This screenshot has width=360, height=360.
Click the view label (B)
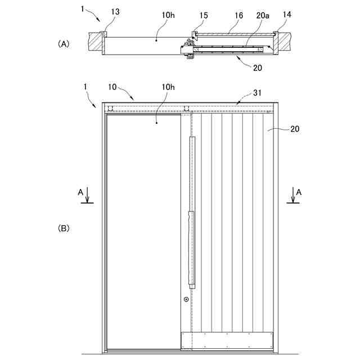[x=64, y=228]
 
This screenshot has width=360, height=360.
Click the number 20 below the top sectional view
[x=256, y=67]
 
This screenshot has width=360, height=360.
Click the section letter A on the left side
[x=81, y=192]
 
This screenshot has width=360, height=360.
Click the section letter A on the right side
[x=299, y=192]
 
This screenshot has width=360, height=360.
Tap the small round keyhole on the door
[x=186, y=300]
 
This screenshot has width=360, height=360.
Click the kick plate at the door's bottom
[x=227, y=340]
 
